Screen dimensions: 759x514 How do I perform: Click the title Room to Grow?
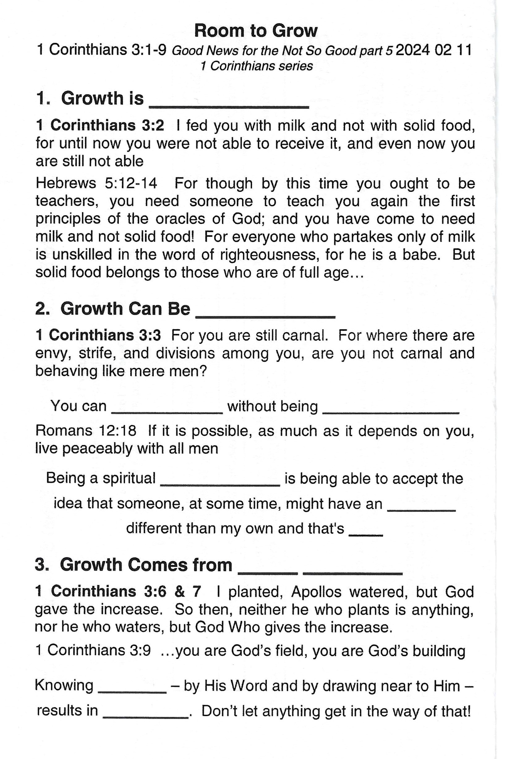coord(256,31)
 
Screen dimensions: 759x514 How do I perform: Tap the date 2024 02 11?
coord(433,50)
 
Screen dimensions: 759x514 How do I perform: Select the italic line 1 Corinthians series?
coord(257,66)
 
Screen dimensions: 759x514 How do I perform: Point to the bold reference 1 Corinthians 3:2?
coord(100,126)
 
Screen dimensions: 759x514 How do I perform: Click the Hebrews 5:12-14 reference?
coord(96,183)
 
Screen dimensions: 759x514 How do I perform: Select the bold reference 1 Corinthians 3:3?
coord(98,335)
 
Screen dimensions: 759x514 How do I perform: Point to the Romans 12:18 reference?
coord(86,431)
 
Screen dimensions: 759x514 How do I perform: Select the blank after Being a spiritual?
coord(220,483)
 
